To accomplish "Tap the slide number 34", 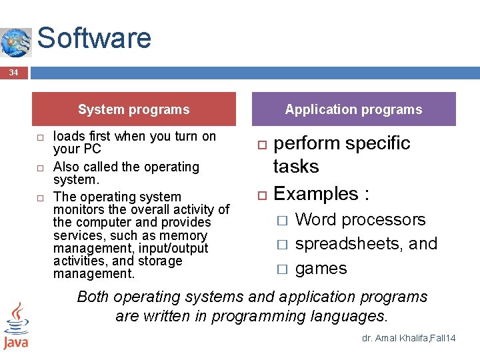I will (x=13, y=72).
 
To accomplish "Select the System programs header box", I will (x=133, y=109).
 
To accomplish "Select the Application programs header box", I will (x=353, y=109).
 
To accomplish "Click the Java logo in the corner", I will (x=15, y=326).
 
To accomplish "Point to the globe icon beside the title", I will (x=15, y=43).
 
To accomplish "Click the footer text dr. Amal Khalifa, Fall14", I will (x=409, y=339).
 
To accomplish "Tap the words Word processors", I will (x=360, y=219).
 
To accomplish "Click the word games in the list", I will (x=321, y=269).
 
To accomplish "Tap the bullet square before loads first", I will (x=40, y=137).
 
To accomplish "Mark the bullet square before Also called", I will (x=40, y=167).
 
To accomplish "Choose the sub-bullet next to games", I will (x=282, y=269).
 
